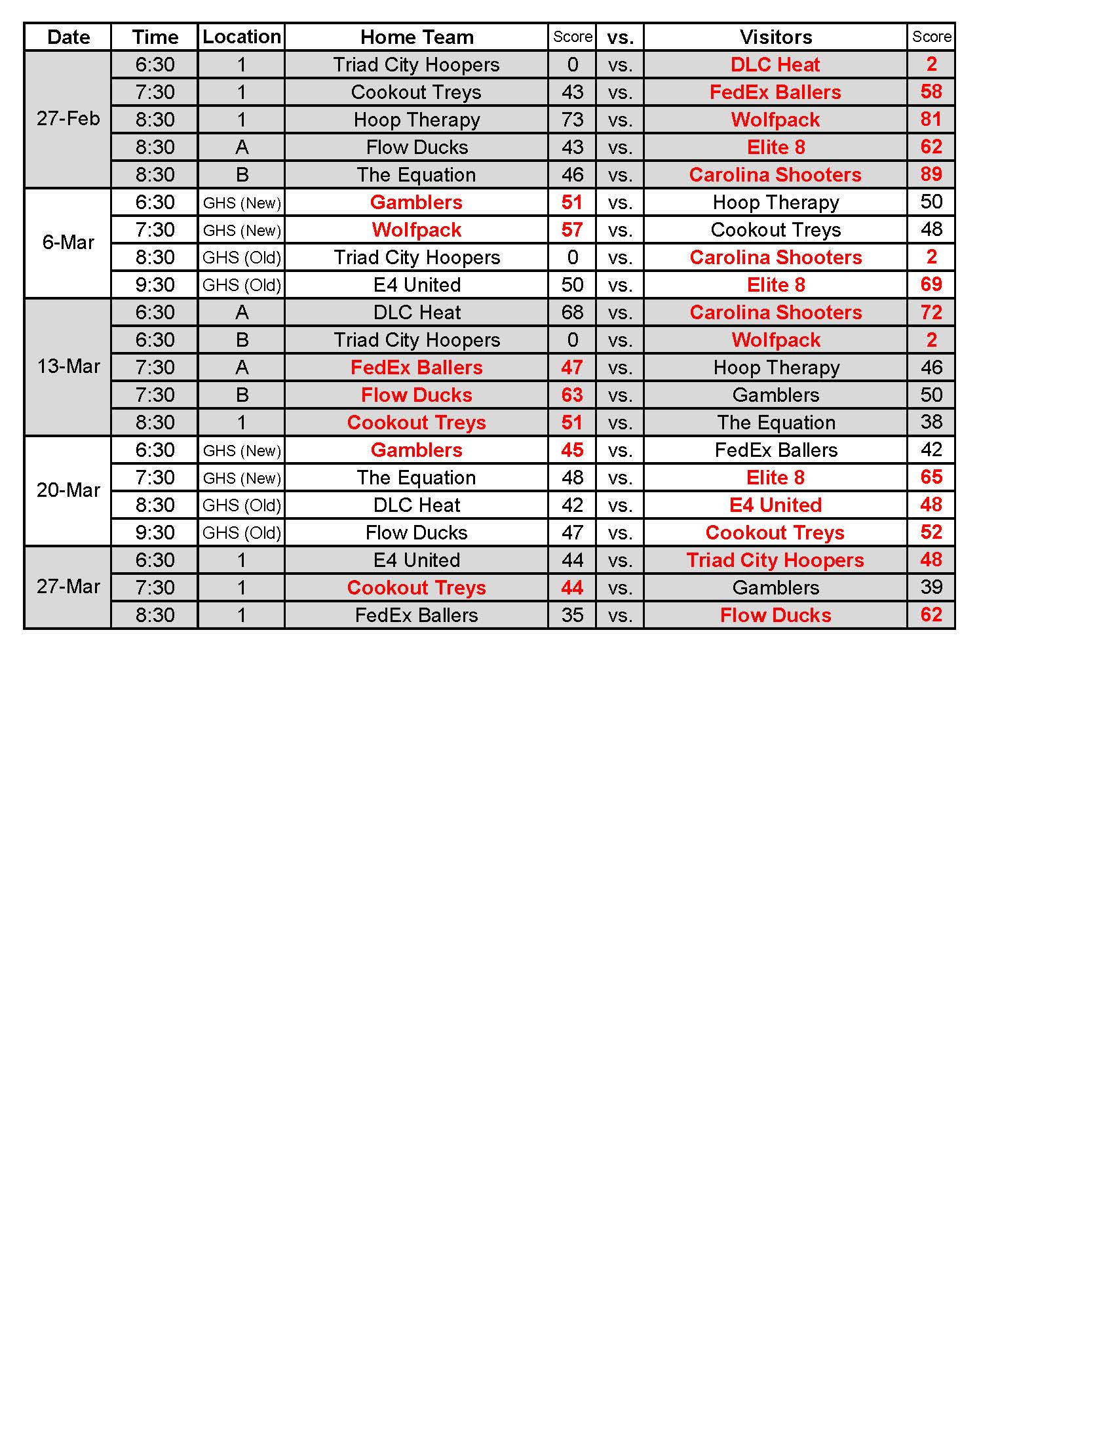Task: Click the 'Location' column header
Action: pyautogui.click(x=242, y=37)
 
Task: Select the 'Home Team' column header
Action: pyautogui.click(x=416, y=37)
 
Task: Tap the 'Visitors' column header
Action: pyautogui.click(x=775, y=37)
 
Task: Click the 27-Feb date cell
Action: pyautogui.click(x=68, y=119)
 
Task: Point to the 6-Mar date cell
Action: pyautogui.click(x=68, y=243)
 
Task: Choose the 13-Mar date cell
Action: pyautogui.click(x=68, y=366)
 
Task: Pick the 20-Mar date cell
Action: pyautogui.click(x=68, y=490)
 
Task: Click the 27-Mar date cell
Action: pyautogui.click(x=68, y=587)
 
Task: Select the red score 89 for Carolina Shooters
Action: pyautogui.click(x=931, y=174)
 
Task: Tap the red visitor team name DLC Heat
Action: pyautogui.click(x=775, y=65)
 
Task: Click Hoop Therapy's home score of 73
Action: pyautogui.click(x=572, y=119)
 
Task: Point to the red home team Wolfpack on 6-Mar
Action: pyautogui.click(x=416, y=230)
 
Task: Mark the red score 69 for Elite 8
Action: pyautogui.click(x=931, y=284)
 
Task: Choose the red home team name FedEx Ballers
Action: pyautogui.click(x=416, y=367)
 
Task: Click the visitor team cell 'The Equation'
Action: pyautogui.click(x=775, y=423)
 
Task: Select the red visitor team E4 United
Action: pyautogui.click(x=775, y=505)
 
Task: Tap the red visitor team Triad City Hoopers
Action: pyautogui.click(x=775, y=560)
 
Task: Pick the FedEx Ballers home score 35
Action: pyautogui.click(x=572, y=615)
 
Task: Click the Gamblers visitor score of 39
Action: pyautogui.click(x=931, y=588)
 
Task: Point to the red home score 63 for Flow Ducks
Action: pyautogui.click(x=572, y=395)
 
